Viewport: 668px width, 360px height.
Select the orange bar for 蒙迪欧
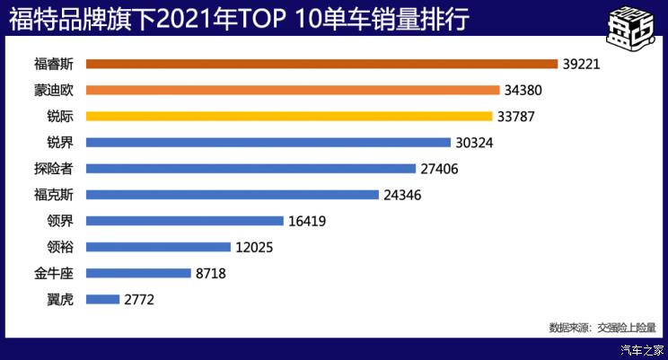pos(293,90)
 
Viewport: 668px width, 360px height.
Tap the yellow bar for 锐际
pos(289,116)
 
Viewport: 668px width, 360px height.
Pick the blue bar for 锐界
pos(268,142)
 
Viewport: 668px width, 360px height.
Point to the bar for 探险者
pos(251,168)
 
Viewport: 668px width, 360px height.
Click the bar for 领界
pos(185,220)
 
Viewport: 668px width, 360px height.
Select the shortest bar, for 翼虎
pos(103,299)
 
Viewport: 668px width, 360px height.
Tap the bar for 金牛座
pos(139,273)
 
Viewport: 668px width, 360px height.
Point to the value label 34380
pos(524,91)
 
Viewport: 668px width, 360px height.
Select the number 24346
pos(403,195)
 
